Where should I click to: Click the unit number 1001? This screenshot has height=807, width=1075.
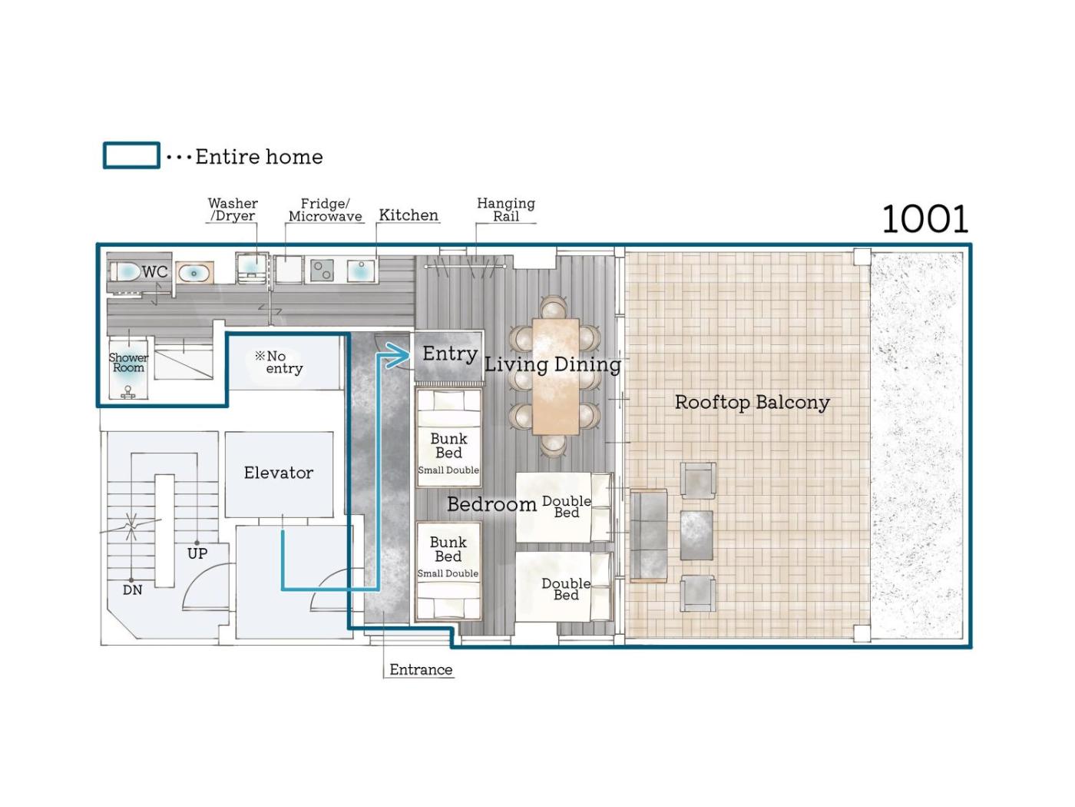point(925,219)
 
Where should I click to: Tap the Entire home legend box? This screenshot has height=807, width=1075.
point(131,155)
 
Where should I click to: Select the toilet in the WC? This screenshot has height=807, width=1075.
point(125,272)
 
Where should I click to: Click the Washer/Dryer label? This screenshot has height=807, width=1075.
point(233,209)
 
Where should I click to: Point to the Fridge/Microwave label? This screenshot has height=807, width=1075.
point(326,210)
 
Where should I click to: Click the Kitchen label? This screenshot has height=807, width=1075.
point(408,214)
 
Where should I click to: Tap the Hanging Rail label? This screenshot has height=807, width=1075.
point(506,210)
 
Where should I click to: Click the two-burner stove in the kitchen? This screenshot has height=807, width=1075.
point(322,271)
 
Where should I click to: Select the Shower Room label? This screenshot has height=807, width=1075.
point(128,363)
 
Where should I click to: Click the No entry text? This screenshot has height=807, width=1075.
point(279,362)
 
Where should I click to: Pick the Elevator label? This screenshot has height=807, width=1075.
point(279,473)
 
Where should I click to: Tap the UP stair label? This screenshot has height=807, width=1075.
point(197,553)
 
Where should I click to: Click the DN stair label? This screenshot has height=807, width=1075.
point(133,590)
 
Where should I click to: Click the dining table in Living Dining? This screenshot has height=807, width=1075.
point(555,377)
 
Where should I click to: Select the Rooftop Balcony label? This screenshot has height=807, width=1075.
point(752,402)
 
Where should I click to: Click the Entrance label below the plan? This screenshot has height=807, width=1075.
point(422,669)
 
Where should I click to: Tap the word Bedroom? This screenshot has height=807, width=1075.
point(491,504)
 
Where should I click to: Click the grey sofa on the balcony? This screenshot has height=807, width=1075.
point(649,536)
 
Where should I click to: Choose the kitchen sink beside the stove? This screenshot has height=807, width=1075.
point(360,271)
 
